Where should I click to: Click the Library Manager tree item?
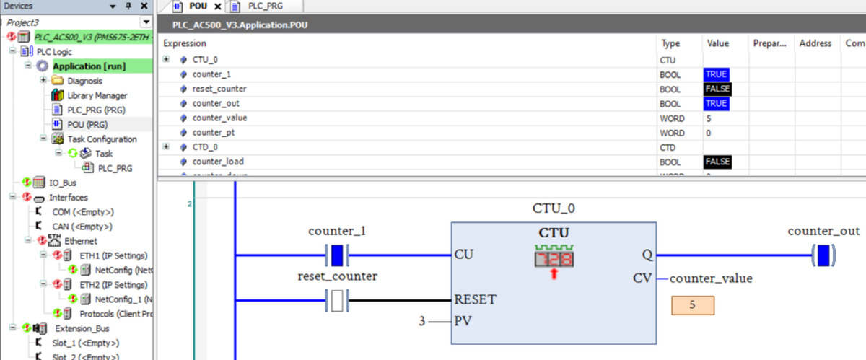click(97, 95)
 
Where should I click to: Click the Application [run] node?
click(89, 66)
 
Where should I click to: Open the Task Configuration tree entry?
click(102, 139)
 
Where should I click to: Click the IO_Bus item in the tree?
click(63, 183)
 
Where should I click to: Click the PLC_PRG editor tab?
click(265, 6)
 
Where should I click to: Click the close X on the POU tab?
click(218, 6)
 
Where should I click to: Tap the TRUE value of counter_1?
click(717, 74)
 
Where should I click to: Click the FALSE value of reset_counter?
click(717, 89)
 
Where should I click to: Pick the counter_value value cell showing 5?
click(709, 118)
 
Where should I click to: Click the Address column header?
click(815, 43)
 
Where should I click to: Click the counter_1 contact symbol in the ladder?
click(336, 255)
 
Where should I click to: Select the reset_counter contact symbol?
click(336, 299)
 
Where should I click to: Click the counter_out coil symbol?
click(823, 255)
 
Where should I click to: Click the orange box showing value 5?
click(692, 305)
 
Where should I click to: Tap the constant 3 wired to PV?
click(423, 320)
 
